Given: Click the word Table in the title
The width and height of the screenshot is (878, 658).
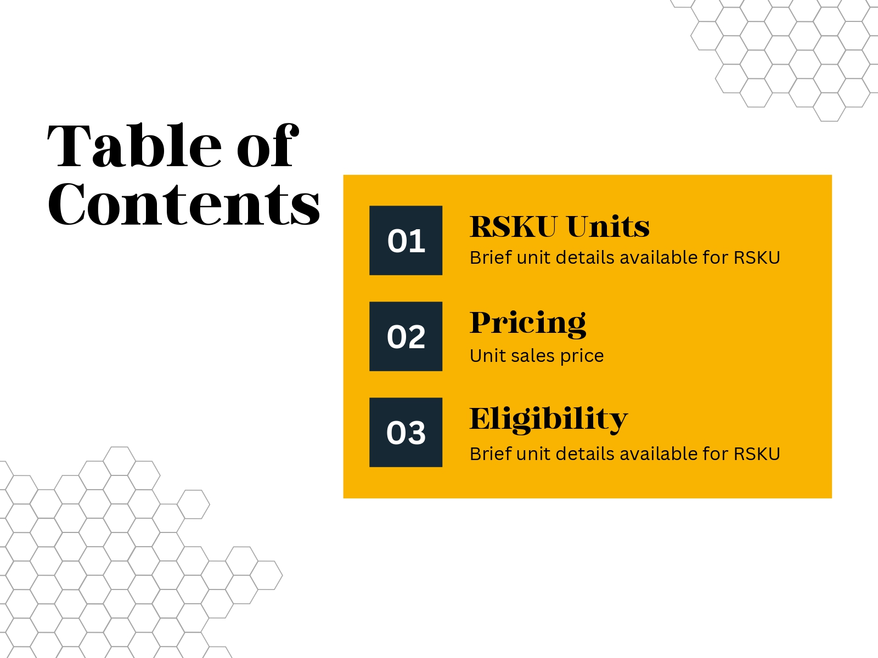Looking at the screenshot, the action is (134, 145).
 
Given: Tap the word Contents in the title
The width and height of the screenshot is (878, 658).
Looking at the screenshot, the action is (184, 204).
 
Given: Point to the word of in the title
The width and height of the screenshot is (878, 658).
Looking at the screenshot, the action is (268, 145).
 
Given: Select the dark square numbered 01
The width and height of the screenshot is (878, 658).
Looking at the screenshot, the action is (406, 241).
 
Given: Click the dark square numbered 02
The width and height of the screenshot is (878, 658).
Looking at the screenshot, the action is (406, 336).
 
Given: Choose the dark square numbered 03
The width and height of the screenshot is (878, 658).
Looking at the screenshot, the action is (406, 432).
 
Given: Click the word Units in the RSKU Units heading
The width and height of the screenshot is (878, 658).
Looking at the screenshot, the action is (608, 226).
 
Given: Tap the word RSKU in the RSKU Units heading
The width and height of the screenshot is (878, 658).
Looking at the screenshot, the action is (514, 226).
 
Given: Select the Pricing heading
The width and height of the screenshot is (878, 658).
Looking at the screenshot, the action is (528, 324).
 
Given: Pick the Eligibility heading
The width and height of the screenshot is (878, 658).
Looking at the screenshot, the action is (549, 420).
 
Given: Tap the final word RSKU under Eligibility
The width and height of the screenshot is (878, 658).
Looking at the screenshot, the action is (757, 454).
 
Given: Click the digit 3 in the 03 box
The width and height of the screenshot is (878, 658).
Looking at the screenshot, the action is (417, 433).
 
